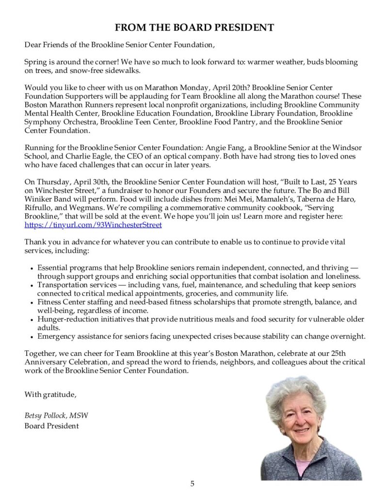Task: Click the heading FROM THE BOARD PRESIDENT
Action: click(194, 28)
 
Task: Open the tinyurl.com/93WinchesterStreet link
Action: click(93, 225)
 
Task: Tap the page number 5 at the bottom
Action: click(193, 483)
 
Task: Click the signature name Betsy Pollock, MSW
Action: click(56, 416)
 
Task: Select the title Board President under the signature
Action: click(51, 426)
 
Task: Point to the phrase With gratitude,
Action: click(50, 394)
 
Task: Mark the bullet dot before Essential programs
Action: click(32, 268)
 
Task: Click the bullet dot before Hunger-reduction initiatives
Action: click(32, 320)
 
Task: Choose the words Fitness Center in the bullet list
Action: click(60, 302)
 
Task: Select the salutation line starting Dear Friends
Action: click(119, 45)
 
